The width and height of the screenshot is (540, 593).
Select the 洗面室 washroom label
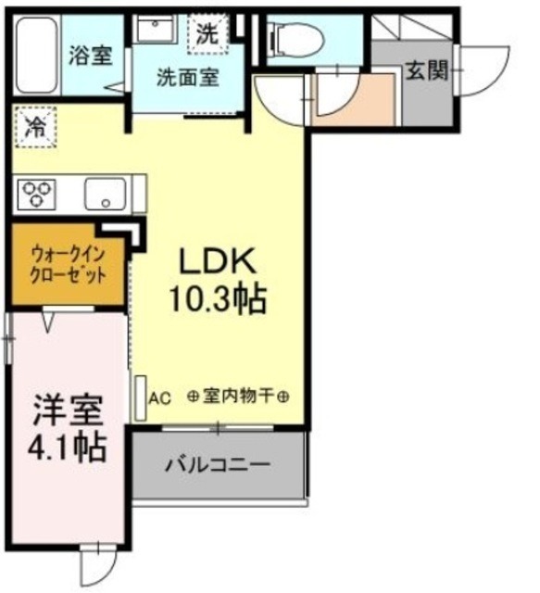point(187,78)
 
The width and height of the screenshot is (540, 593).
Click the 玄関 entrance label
point(425,69)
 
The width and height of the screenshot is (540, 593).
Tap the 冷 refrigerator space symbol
point(35,126)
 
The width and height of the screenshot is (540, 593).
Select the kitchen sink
point(105,196)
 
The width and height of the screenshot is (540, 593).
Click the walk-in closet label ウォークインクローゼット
point(66,264)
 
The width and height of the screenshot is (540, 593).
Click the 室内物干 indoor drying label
point(239,396)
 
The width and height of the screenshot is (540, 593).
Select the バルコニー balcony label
point(218,462)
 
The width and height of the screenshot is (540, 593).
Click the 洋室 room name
point(66,409)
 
